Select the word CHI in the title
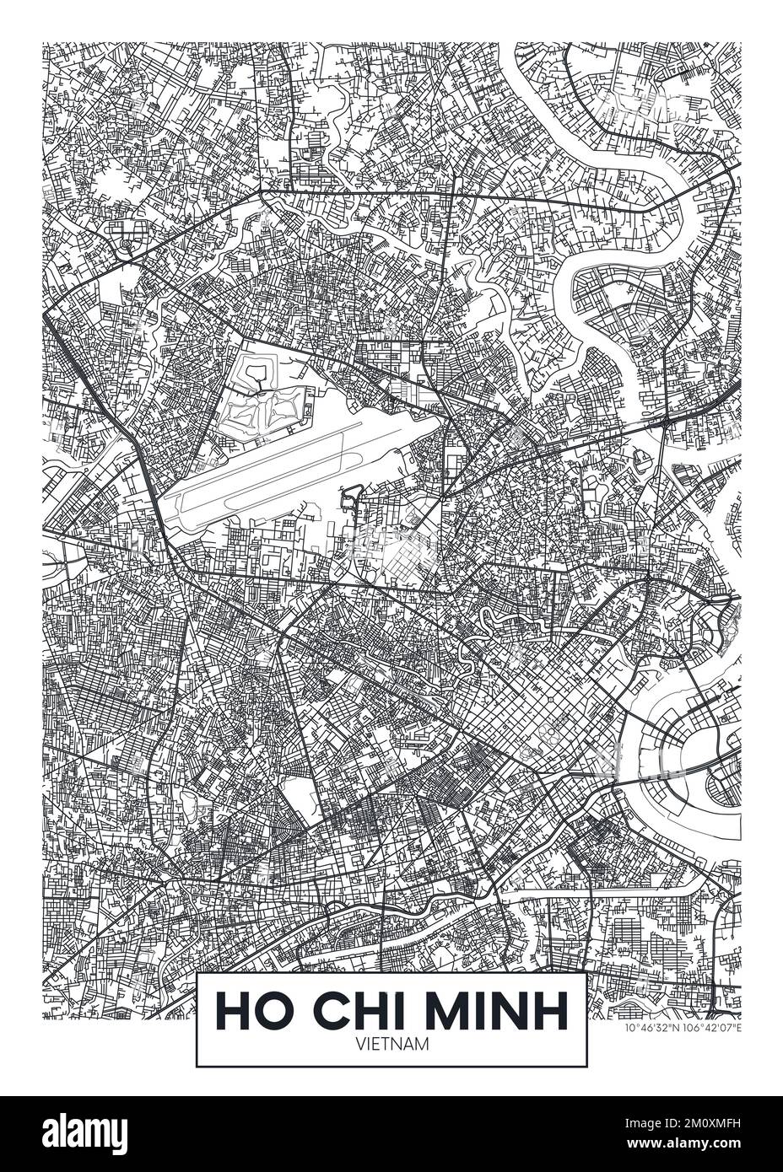coord(354,1010)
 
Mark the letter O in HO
coord(267,1010)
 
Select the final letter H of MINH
coord(552,1010)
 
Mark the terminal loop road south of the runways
coord(348,502)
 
